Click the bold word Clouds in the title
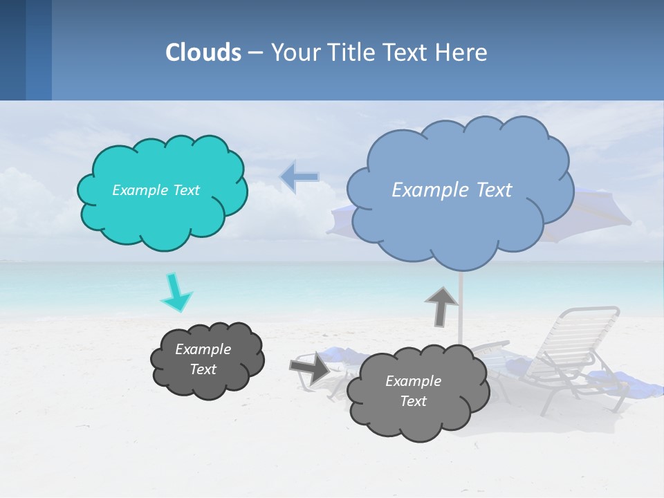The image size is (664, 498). coord(203,53)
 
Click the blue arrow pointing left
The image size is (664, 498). coord(299,178)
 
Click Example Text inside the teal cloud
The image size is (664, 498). coord(156,190)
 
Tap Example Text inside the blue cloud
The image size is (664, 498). coord(452,190)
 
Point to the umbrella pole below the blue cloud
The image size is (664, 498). coord(460,304)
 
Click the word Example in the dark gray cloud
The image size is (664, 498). coord(203,349)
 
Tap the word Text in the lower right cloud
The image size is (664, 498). coord(413,401)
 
